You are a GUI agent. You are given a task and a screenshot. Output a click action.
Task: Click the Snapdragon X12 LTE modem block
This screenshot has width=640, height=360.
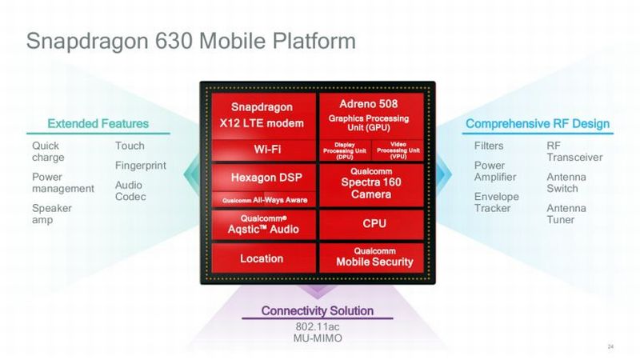point(262,114)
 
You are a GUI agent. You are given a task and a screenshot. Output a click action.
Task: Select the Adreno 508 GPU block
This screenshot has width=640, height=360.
point(368,114)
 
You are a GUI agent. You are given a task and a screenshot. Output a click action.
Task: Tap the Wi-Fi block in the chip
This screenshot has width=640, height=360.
point(262,150)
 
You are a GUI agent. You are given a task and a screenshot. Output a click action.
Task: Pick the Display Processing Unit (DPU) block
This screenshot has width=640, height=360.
point(343,150)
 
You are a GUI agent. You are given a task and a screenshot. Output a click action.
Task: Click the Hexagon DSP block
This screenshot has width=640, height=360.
point(262,177)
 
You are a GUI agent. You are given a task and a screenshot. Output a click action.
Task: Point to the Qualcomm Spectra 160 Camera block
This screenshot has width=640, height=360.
point(368,186)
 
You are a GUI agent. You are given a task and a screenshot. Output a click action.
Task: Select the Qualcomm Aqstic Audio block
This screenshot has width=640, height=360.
point(262,224)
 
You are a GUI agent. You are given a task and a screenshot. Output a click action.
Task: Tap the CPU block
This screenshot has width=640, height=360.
point(368,223)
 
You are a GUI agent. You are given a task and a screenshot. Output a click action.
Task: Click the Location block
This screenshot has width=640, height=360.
point(262,258)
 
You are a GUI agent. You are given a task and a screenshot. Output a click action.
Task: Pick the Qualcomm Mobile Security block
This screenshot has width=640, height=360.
point(368,258)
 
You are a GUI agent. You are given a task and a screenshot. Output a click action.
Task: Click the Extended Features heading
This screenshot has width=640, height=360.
point(98,123)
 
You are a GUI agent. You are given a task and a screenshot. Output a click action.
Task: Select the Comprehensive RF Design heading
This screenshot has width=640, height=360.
point(537,123)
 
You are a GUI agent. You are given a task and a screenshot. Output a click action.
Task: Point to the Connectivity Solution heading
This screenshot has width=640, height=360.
point(317,310)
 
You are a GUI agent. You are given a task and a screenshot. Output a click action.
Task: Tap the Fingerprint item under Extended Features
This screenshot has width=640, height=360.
point(140,166)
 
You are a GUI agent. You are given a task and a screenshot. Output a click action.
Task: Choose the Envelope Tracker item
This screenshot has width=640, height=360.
point(496,202)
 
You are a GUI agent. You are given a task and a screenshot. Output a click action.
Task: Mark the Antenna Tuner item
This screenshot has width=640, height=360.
point(566,214)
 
